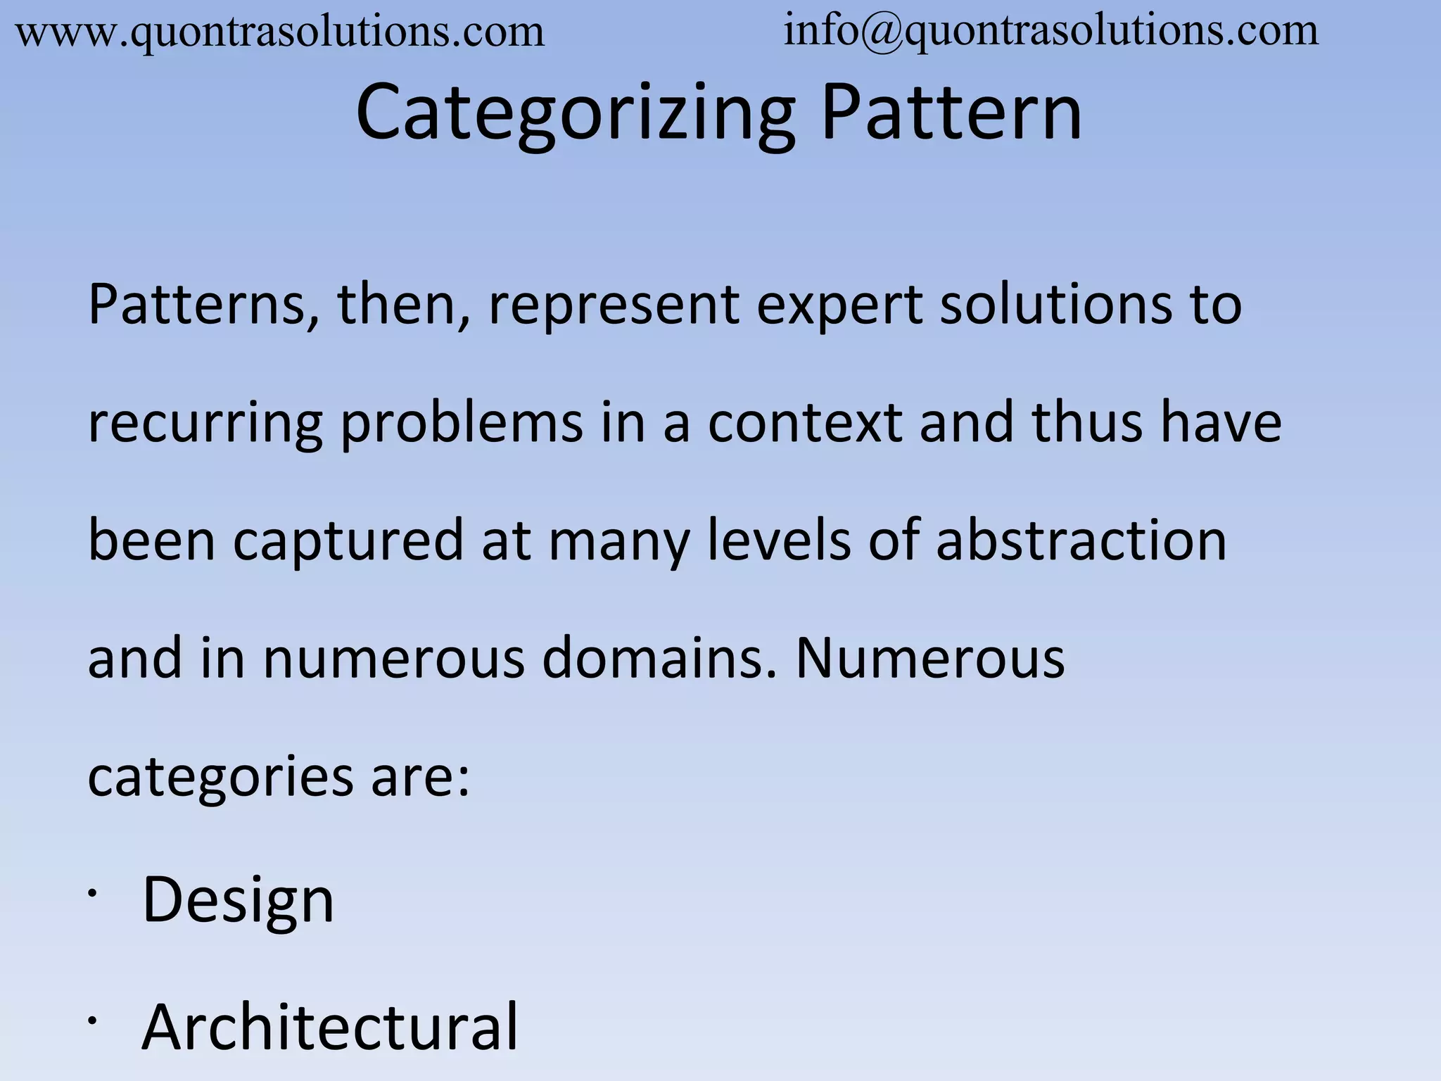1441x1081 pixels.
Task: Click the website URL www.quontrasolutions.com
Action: pos(280,32)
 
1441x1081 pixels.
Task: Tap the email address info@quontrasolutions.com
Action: pos(1051,31)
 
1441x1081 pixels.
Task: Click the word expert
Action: pos(839,305)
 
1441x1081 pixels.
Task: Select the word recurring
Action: pos(205,424)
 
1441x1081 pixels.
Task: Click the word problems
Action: pos(462,424)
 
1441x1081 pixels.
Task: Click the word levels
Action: pos(778,540)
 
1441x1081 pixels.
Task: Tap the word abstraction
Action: pos(1081,540)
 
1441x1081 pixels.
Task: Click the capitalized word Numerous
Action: pos(929,659)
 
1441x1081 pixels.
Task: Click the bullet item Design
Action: pos(238,901)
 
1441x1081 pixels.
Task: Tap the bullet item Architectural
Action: pos(329,1028)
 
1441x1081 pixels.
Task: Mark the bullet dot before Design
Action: pos(91,893)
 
